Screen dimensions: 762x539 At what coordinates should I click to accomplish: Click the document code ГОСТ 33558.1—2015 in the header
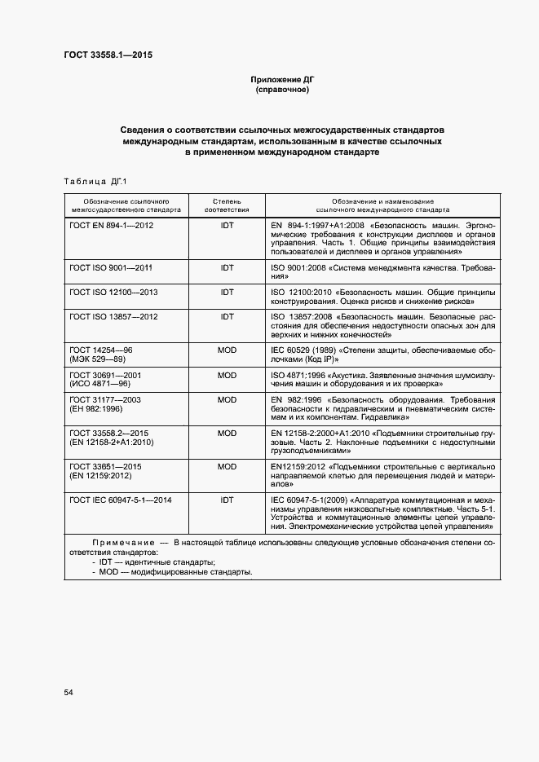pos(108,55)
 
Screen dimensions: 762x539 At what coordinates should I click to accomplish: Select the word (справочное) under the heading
pos(282,90)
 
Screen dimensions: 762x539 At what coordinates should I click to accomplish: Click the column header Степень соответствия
pos(227,204)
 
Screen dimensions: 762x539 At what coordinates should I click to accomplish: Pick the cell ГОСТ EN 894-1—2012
pos(111,224)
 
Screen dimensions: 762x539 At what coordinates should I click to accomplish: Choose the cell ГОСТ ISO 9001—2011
pos(112,267)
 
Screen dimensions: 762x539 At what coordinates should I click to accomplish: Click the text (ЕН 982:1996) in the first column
pos(97,409)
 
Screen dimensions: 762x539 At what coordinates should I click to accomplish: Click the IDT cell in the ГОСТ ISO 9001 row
pos(227,267)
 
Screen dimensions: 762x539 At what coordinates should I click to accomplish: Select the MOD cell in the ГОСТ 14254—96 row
pos(227,349)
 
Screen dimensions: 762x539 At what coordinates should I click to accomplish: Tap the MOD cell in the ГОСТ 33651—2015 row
pos(227,466)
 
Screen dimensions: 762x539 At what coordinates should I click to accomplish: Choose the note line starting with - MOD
pos(172,571)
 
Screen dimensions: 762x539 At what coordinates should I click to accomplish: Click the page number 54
pos(68,692)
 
